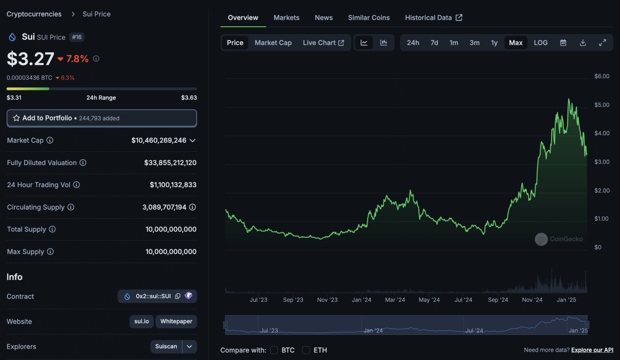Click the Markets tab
[286, 18]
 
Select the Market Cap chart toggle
[273, 43]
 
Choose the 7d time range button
[434, 43]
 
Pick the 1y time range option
[494, 43]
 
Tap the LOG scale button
[540, 43]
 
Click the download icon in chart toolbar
[582, 43]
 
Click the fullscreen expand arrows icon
[602, 43]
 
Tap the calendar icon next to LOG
[563, 43]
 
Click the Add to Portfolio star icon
[17, 118]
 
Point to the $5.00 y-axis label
[601, 105]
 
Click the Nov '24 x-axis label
[532, 300]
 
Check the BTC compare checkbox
[274, 350]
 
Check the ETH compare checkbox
[306, 350]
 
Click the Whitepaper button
[176, 322]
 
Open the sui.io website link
[141, 322]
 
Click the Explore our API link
[592, 350]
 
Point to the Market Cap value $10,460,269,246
[159, 140]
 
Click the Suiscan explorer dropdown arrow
[189, 347]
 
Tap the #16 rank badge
[77, 37]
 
